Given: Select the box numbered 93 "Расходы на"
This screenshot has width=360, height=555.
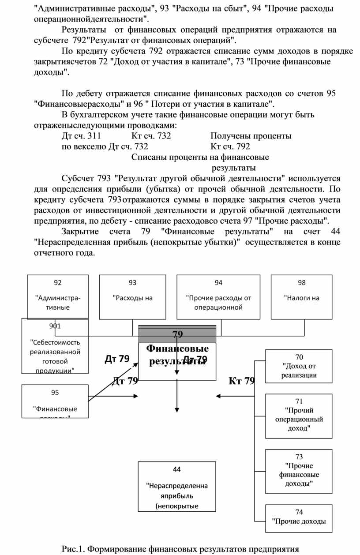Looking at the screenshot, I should (133, 296).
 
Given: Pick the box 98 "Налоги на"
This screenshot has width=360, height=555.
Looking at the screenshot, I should (301, 296).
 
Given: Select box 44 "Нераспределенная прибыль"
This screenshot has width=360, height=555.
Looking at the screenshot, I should (177, 487).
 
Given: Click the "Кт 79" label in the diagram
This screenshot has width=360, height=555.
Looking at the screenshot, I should (242, 381).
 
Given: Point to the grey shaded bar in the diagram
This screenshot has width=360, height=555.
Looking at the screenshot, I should (177, 334).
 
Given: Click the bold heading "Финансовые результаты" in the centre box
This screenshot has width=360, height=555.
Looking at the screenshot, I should (177, 355).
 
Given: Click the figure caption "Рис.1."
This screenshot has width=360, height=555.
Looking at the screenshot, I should (73, 549).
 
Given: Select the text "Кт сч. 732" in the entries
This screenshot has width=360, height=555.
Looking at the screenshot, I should (151, 136).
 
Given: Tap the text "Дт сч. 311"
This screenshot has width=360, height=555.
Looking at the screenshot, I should (82, 136).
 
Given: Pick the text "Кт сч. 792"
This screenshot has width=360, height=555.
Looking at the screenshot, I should (230, 146).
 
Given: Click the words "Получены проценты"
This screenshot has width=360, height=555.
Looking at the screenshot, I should (251, 136).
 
